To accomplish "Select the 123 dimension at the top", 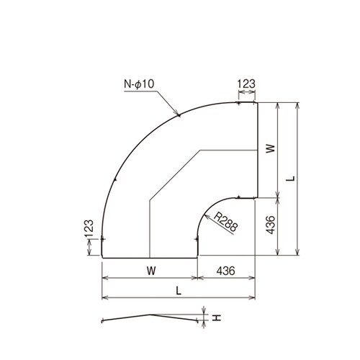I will [x=246, y=84].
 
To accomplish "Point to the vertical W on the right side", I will [x=269, y=148].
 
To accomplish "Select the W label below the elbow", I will [x=149, y=269].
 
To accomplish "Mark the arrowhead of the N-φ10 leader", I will [x=178, y=114].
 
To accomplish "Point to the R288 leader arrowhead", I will [x=204, y=212].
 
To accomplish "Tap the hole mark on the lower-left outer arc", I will [x=114, y=179].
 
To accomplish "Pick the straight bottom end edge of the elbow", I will [x=149, y=256].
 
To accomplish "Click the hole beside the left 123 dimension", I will [x=103, y=238].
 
